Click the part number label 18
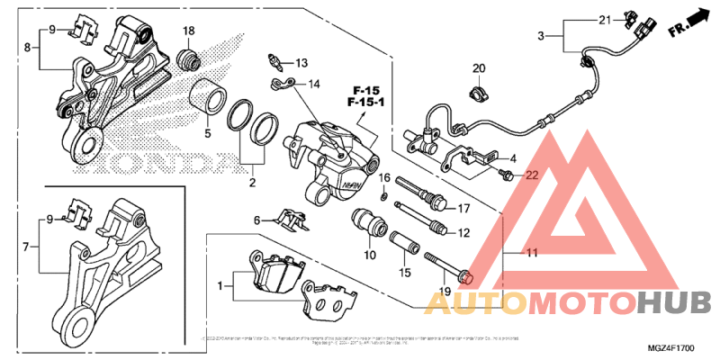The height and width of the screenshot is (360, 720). coord(189,31)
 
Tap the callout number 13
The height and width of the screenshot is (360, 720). coord(301,63)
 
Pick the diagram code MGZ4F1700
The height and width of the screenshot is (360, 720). coord(671,347)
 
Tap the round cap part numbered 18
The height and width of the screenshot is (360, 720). coord(189,60)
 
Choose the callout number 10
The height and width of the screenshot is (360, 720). coord(369,256)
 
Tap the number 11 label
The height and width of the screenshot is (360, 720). coord(532,254)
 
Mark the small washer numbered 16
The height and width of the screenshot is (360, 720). coord(384,195)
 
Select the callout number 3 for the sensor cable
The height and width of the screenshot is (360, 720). coord(542,36)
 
